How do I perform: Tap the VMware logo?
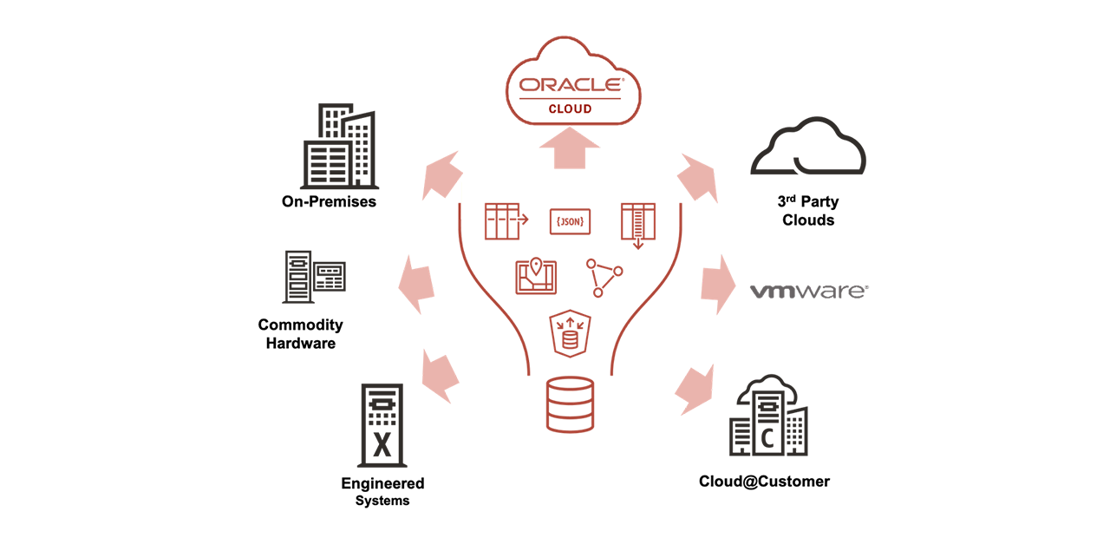click(x=808, y=291)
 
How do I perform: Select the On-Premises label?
click(x=329, y=201)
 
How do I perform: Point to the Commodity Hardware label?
click(x=300, y=333)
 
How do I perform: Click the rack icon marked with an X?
click(x=382, y=425)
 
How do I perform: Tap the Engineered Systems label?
click(x=382, y=491)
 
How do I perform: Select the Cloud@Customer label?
click(x=764, y=481)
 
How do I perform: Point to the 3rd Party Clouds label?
click(x=807, y=211)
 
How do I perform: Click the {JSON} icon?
click(x=570, y=221)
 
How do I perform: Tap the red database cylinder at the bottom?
click(x=570, y=404)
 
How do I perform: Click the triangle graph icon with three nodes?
click(x=604, y=277)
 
